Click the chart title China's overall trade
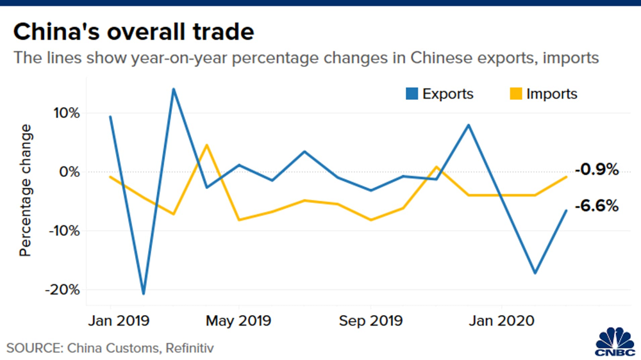coord(133,31)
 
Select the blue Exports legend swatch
coord(410,94)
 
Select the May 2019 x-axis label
coord(238,320)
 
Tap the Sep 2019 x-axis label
coord(370,320)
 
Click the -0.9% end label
coord(597,170)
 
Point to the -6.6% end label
coord(597,206)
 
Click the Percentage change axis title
coord(26,191)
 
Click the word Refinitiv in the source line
coord(189,348)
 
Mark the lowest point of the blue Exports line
coord(143,294)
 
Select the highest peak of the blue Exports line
coord(173,89)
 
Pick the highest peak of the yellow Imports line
coord(206,145)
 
